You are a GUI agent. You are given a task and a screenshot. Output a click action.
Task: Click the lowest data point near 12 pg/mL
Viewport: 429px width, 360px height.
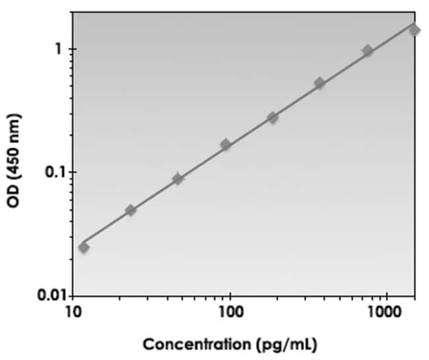84,248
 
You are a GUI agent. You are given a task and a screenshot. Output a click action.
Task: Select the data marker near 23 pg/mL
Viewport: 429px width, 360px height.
131,210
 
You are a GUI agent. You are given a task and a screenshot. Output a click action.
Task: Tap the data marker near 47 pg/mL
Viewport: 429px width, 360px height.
178,179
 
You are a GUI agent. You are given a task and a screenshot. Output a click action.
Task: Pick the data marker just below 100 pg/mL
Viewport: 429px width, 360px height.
226,144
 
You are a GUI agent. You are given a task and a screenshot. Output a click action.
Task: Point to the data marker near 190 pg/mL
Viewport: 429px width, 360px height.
273,118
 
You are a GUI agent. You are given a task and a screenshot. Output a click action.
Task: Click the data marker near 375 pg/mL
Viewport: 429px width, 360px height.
319,83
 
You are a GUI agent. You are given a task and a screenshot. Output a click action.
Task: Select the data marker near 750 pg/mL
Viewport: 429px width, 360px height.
368,51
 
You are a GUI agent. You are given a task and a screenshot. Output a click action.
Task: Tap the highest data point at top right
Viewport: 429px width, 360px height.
414,30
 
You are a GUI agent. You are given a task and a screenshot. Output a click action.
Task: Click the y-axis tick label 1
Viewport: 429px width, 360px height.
58,50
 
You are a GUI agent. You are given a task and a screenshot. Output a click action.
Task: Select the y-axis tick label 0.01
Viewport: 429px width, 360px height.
52,295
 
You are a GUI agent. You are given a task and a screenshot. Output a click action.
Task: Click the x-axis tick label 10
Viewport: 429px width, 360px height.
73,312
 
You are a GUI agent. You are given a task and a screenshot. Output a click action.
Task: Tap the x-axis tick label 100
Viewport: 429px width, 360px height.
231,312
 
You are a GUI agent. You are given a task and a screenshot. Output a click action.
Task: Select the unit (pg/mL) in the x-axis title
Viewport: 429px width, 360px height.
286,345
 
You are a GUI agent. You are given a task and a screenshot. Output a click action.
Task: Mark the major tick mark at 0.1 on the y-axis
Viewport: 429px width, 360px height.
71,172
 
